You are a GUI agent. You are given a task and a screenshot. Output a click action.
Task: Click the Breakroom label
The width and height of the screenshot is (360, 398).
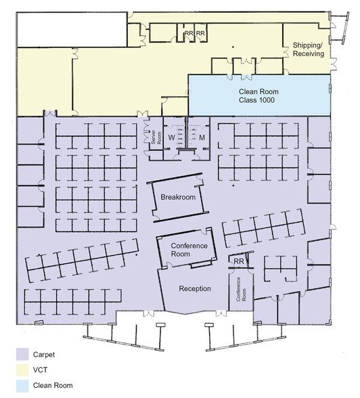coord(178,197)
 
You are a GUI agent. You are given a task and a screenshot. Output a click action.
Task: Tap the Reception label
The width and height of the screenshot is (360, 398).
coord(195,288)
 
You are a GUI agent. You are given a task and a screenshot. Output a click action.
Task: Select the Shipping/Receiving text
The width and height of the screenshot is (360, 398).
coord(309,49)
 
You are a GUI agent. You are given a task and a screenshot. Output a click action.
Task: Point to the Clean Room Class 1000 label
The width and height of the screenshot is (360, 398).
coord(258,95)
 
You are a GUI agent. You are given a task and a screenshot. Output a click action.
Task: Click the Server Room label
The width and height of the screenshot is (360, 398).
coord(156,138)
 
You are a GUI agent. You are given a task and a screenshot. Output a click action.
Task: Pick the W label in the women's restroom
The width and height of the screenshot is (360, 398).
coord(172,137)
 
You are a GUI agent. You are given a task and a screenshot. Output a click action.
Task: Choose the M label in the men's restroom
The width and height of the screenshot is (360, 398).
coord(202,137)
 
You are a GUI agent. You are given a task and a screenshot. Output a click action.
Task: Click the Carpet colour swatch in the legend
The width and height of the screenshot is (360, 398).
coord(22,354)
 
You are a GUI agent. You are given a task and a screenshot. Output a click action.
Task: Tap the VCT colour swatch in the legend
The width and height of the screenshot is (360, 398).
coord(22,370)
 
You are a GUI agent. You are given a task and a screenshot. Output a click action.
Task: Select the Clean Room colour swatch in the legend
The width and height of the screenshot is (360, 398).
coord(22,386)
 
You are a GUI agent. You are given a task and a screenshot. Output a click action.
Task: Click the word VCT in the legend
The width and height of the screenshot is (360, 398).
coord(40,370)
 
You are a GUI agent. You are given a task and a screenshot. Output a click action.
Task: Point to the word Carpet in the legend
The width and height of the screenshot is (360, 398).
coord(44,355)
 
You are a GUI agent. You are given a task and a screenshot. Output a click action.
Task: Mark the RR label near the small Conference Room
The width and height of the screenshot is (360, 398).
coord(238,261)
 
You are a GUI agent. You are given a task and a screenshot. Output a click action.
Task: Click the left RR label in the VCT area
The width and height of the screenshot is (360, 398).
coord(189,33)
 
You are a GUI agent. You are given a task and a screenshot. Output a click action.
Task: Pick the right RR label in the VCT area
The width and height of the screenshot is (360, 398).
coord(201,33)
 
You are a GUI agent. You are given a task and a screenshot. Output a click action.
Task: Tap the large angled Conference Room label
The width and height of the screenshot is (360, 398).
coord(189,250)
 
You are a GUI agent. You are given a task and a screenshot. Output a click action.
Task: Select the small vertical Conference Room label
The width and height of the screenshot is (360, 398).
coord(241,290)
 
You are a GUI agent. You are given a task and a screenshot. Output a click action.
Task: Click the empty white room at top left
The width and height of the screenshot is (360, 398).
coord(72,30)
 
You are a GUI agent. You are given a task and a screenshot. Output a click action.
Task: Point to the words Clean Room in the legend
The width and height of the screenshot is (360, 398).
coord(53,386)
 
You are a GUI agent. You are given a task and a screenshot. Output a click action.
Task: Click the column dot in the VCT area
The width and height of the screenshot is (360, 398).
coord(233,47)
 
